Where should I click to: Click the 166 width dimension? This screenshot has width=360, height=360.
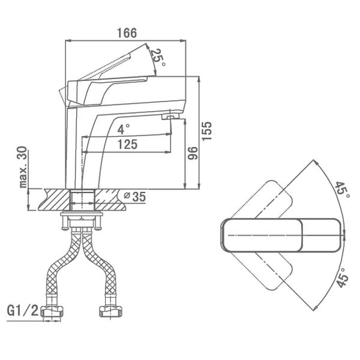tap(127, 33)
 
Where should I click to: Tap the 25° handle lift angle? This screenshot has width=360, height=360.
tap(158, 58)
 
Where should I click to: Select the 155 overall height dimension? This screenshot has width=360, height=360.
tap(206, 131)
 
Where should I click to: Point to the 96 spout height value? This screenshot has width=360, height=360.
tap(192, 153)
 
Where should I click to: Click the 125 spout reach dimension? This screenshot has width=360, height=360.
tap(128, 145)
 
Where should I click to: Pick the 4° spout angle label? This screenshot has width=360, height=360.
tap(124, 129)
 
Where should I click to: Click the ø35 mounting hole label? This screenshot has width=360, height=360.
tap(135, 197)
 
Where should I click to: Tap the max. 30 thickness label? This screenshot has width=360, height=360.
tap(23, 167)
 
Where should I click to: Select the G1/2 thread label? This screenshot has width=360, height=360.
tap(23, 310)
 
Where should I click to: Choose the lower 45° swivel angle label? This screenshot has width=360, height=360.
tap(343, 278)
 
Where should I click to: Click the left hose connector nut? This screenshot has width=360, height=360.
tap(52, 311)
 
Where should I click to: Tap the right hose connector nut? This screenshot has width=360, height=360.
tap(110, 311)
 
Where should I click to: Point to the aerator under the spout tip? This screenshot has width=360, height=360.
tap(170, 117)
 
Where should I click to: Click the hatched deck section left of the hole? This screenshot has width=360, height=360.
tap(55, 199)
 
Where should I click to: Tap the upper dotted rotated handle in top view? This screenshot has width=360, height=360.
tap(262, 200)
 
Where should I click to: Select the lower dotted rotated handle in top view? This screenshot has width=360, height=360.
tap(262, 271)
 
